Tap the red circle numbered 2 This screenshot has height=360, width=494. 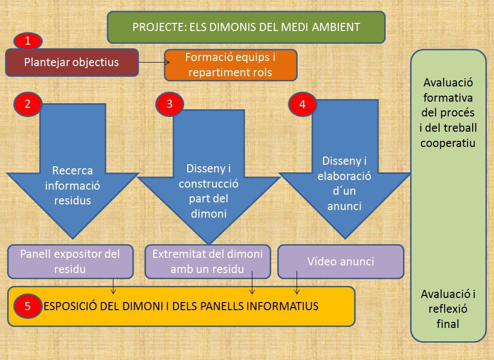(27, 104)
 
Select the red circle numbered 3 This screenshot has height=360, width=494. (170, 104)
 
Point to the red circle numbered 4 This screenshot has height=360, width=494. (303, 104)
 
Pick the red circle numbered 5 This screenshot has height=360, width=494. (27, 306)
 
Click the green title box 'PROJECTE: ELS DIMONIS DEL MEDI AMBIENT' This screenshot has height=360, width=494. (246, 27)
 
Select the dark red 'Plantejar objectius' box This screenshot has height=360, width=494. (72, 63)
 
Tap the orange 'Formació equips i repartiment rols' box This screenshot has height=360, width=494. (230, 65)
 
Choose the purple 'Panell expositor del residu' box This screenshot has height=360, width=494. (70, 261)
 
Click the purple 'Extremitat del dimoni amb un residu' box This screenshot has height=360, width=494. (208, 261)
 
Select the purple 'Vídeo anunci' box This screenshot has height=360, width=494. (340, 261)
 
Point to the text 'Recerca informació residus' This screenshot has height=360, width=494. (72, 185)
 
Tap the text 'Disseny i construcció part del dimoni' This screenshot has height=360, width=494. (208, 190)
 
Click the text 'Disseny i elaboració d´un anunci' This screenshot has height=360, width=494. (344, 183)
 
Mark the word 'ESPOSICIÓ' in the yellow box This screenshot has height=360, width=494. (69, 306)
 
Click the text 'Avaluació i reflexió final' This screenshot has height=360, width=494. (448, 308)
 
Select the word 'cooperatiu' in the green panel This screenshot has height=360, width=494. (448, 142)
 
